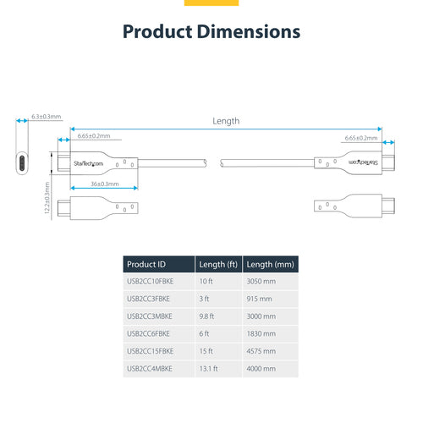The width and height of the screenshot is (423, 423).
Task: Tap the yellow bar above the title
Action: coord(211,3)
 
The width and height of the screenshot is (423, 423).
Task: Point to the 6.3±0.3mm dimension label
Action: coord(46,116)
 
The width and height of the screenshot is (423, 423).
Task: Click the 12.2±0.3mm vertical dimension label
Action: coord(47,202)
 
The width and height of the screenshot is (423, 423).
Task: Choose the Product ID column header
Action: coord(145,265)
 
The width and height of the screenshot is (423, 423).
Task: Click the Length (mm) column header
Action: coord(271,265)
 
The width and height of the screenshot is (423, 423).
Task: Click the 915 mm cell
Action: coord(260,299)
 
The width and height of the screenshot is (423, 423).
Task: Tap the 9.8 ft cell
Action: coord(206,316)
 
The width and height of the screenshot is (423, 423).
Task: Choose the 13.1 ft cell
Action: coord(208,369)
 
